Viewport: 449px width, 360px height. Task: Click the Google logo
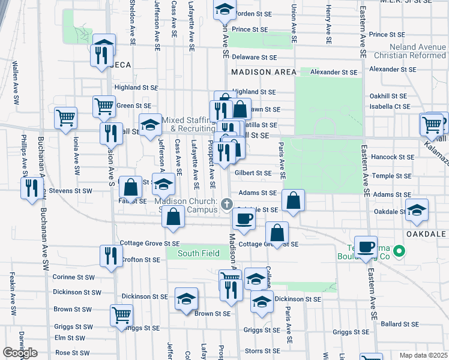(20, 353)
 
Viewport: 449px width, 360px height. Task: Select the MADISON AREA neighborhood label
(264, 72)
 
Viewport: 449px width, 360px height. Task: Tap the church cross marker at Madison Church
(228, 205)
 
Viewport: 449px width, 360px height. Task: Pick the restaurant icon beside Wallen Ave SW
(32, 187)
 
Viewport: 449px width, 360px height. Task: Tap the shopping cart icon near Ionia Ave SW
(65, 117)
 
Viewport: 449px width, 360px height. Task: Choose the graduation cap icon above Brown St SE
(187, 299)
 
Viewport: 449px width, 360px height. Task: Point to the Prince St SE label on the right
(388, 35)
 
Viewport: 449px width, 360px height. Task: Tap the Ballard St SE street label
(399, 324)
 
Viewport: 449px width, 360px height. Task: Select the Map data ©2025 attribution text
(423, 355)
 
